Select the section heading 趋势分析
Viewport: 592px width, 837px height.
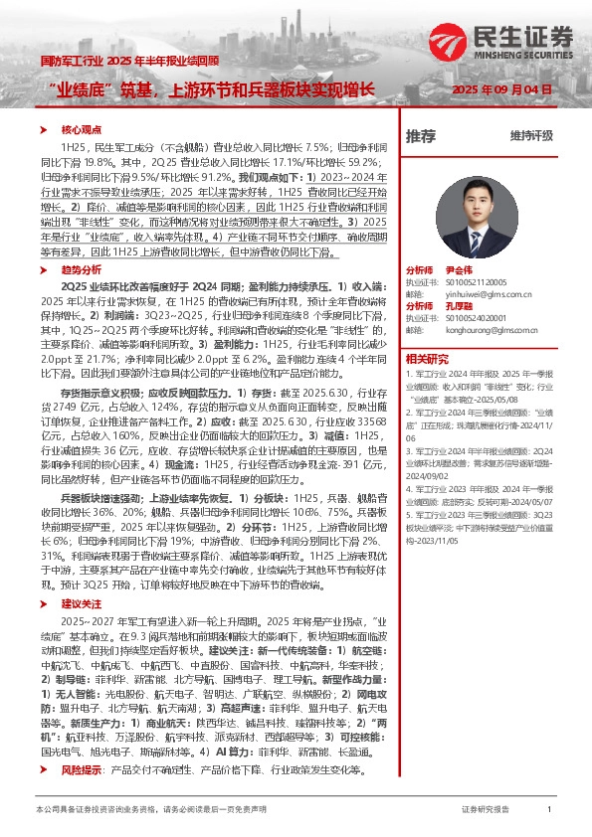(x=83, y=268)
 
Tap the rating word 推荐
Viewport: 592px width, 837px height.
(x=420, y=135)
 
